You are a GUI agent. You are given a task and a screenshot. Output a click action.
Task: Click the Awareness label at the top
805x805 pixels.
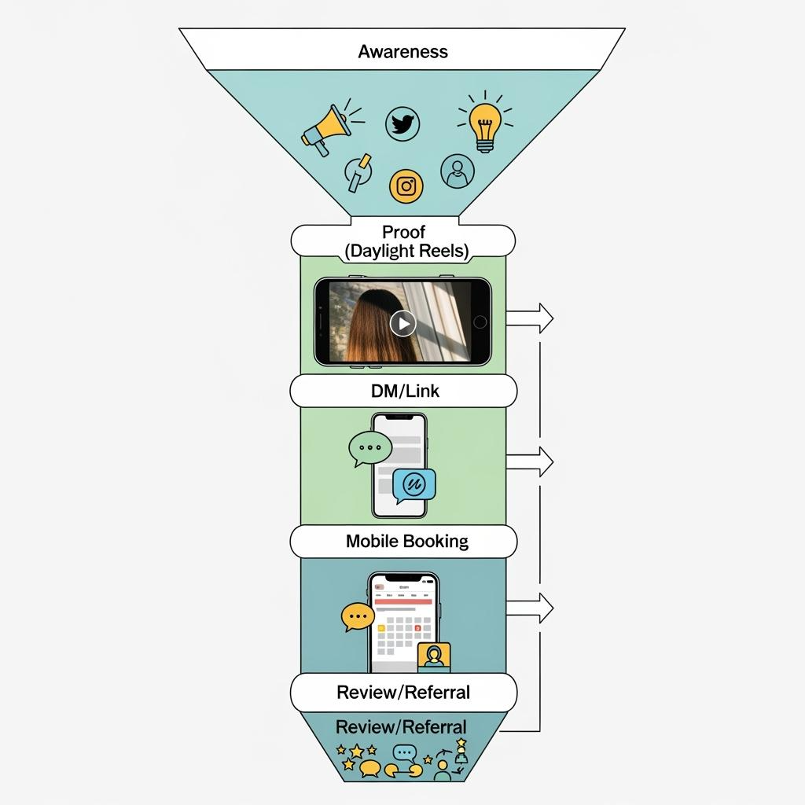[402, 52]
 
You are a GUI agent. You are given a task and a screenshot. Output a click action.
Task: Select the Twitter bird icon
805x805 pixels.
[402, 124]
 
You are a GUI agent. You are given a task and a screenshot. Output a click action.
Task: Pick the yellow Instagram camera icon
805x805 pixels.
[406, 186]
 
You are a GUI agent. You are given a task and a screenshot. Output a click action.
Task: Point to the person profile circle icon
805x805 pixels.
[457, 171]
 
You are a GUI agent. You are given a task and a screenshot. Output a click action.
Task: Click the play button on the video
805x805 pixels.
[402, 322]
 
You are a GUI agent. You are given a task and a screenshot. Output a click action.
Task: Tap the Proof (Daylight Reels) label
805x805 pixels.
[402, 241]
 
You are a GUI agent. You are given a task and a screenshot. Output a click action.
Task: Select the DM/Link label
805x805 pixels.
[404, 391]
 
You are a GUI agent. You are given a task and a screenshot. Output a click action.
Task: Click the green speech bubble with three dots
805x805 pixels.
[369, 448]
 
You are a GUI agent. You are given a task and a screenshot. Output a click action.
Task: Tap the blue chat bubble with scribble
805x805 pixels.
[414, 485]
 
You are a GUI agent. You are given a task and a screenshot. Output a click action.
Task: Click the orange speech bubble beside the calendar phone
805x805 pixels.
[358, 617]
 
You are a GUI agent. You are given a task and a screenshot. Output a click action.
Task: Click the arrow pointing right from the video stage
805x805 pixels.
[531, 318]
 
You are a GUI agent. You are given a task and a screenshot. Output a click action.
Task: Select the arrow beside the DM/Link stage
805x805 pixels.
[531, 461]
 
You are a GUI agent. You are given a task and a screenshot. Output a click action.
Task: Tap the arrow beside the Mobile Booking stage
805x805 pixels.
[531, 607]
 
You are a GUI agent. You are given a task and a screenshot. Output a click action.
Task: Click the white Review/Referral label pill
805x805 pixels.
[402, 693]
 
